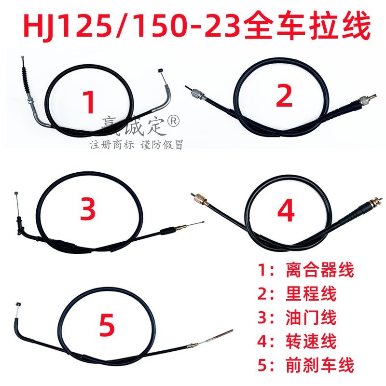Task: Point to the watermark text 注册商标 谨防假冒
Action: (137, 144)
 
